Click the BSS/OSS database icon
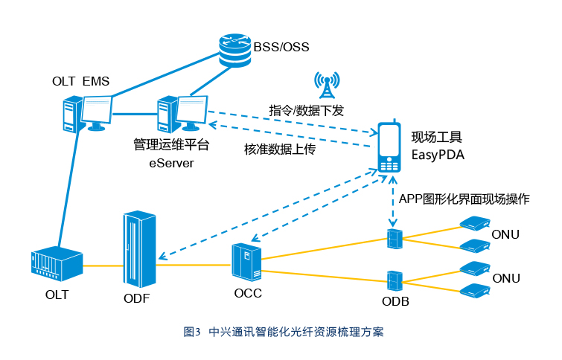tap(234, 51)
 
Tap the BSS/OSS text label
tap(281, 47)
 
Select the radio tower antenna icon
tap(327, 85)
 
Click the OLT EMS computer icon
tap(87, 114)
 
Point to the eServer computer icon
tap(183, 114)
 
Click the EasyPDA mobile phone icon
tap(389, 147)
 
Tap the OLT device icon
tap(57, 263)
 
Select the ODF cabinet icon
tap(139, 249)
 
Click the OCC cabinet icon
tap(246, 262)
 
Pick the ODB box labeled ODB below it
tap(395, 281)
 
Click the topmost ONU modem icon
tap(475, 222)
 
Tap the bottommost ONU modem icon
tap(475, 291)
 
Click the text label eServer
tap(171, 164)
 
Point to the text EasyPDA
tap(438, 155)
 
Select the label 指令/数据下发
tap(307, 110)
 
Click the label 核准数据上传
tap(280, 149)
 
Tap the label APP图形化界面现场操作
tap(464, 199)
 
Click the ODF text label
tap(136, 298)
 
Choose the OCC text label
tap(248, 293)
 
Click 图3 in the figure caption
tap(192, 332)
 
